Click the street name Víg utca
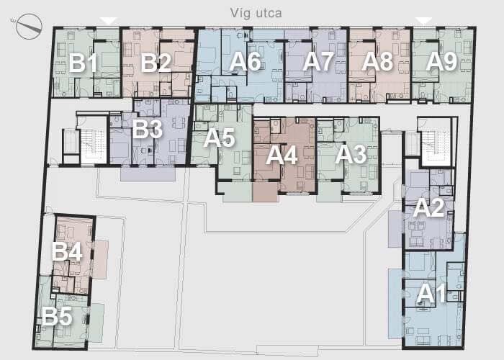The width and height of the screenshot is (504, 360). pos(256,13)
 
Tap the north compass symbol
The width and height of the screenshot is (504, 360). pos(29,27)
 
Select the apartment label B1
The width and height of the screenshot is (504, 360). pos(83,63)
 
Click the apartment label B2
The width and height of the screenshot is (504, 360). pos(156,63)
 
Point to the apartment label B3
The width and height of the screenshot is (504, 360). pos(147,129)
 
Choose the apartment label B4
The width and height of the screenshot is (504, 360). pos(67,251)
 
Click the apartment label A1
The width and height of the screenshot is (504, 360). pos(431,294)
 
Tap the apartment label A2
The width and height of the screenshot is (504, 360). pos(428,208)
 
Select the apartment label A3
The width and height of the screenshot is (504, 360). pos(351,155)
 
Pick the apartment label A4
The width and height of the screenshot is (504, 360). pos(282,156)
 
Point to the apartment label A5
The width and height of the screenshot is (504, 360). pos(219,138)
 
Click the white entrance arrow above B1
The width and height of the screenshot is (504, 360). pos(109,21)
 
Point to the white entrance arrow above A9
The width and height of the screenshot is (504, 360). pos(423,21)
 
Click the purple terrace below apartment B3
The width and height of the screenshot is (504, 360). pos(148,174)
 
